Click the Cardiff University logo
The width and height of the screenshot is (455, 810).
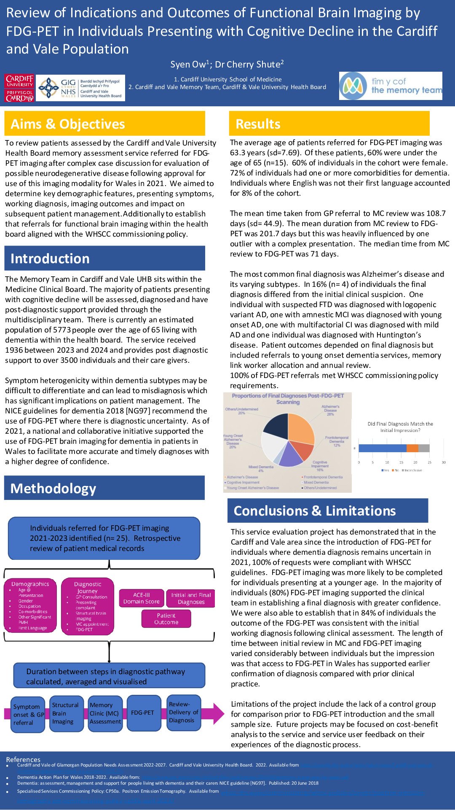click(x=19, y=88)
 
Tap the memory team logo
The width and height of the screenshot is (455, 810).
click(x=391, y=86)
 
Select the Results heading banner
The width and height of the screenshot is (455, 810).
click(x=329, y=124)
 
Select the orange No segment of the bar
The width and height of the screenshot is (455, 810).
click(x=412, y=448)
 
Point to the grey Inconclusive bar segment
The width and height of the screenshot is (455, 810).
click(x=424, y=448)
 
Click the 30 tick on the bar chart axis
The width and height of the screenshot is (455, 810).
click(x=444, y=462)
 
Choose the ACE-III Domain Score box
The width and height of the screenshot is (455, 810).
click(x=142, y=598)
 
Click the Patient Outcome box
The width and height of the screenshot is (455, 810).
click(x=166, y=619)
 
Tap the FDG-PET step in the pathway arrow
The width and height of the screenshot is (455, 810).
click(x=143, y=713)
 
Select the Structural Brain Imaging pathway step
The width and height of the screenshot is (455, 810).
click(x=66, y=713)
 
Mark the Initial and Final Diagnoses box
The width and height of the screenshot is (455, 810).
click(x=191, y=598)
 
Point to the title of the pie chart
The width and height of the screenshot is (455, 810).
click(x=288, y=399)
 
